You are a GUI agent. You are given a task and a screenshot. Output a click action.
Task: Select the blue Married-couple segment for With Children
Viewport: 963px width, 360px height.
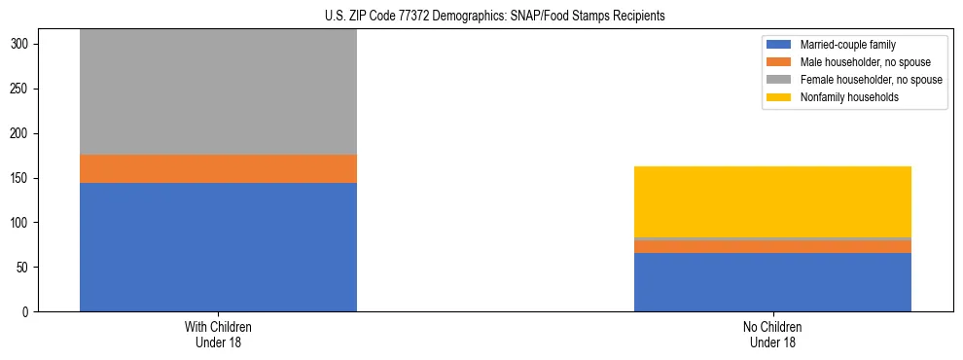click(x=218, y=246)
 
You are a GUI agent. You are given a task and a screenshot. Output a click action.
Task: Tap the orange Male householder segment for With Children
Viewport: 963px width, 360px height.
click(x=218, y=168)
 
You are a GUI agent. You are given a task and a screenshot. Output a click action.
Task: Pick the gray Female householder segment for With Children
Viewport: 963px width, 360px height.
click(x=218, y=91)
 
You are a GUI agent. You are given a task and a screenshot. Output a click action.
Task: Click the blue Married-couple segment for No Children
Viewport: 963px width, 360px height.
click(x=772, y=282)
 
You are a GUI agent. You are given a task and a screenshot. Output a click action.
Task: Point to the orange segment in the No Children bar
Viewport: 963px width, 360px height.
click(x=772, y=246)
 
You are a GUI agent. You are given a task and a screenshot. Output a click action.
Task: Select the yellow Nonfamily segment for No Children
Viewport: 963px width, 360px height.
click(x=772, y=201)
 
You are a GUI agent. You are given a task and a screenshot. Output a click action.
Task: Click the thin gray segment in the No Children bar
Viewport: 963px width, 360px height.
click(x=772, y=238)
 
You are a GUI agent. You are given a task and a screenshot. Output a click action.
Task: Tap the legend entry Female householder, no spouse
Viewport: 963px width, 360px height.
click(x=864, y=80)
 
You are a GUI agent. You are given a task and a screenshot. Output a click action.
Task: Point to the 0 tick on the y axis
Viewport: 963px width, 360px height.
click(x=29, y=311)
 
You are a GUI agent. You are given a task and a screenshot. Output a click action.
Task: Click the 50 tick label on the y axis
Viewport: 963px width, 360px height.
click(x=26, y=268)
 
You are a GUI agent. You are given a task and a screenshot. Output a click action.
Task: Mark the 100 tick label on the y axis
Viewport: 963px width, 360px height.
click(x=23, y=223)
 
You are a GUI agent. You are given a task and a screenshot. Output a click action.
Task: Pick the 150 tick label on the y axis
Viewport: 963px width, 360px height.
click(x=23, y=178)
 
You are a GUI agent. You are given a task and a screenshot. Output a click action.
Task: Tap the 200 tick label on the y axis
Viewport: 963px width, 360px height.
click(x=23, y=133)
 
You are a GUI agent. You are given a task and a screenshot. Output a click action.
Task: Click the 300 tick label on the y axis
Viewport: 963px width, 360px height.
click(x=23, y=45)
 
